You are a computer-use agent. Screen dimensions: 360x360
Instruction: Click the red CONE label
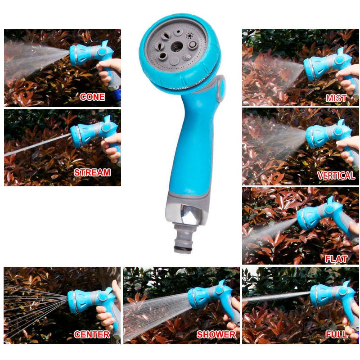click(x=92, y=97)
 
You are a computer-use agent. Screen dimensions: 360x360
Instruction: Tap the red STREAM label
click(x=92, y=172)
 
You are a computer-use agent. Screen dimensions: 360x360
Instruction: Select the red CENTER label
click(x=92, y=334)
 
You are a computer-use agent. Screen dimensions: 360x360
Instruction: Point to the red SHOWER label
click(x=216, y=334)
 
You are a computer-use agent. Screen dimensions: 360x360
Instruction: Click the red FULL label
click(x=336, y=334)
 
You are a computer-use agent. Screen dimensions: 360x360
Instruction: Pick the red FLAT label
click(x=336, y=259)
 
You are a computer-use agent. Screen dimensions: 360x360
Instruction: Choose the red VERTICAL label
click(x=336, y=175)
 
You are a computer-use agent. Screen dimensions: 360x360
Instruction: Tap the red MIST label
click(x=336, y=98)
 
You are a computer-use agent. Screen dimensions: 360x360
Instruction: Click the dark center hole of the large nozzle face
click(x=177, y=47)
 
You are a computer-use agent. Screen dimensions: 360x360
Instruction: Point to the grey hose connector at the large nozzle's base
click(x=183, y=239)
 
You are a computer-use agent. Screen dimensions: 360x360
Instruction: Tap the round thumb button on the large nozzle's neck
click(x=221, y=88)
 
